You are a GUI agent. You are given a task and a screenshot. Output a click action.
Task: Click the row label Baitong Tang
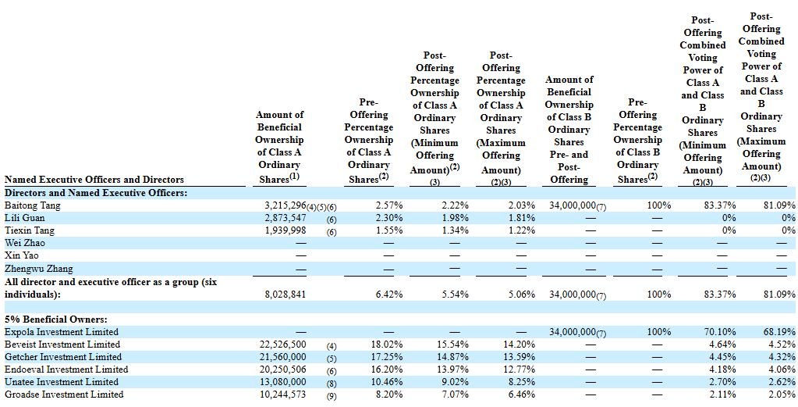pyautogui.click(x=33, y=205)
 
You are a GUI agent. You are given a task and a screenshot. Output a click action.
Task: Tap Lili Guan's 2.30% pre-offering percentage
pyautogui.click(x=389, y=218)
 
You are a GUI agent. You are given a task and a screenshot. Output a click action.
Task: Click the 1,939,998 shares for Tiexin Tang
pyautogui.click(x=286, y=230)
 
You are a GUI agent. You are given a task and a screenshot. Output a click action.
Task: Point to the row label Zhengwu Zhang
pyautogui.click(x=39, y=269)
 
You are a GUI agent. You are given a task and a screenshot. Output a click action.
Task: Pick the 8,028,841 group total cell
pyautogui.click(x=286, y=295)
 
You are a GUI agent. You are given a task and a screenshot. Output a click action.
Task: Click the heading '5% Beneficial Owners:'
pyautogui.click(x=56, y=320)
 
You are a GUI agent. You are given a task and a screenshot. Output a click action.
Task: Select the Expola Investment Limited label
pyautogui.click(x=62, y=332)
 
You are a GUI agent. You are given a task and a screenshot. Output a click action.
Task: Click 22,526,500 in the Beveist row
pyautogui.click(x=283, y=345)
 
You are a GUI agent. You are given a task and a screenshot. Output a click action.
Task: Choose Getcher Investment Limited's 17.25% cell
pyautogui.click(x=387, y=357)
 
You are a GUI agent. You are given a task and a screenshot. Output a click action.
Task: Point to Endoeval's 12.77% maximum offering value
pyautogui.click(x=520, y=370)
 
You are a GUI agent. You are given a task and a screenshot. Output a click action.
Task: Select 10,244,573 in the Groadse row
pyautogui.click(x=283, y=395)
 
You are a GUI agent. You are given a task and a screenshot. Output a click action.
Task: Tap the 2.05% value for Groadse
pyautogui.click(x=782, y=395)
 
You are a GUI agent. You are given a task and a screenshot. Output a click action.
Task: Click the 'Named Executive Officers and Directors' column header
pyautogui.click(x=94, y=180)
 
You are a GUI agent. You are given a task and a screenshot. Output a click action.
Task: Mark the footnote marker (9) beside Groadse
pyautogui.click(x=332, y=396)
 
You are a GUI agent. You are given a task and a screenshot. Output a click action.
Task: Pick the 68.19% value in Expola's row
pyautogui.click(x=780, y=332)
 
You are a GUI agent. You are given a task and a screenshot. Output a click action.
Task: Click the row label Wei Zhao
pyautogui.click(x=25, y=243)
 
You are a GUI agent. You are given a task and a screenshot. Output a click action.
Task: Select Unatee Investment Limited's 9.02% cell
pyautogui.click(x=456, y=382)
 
